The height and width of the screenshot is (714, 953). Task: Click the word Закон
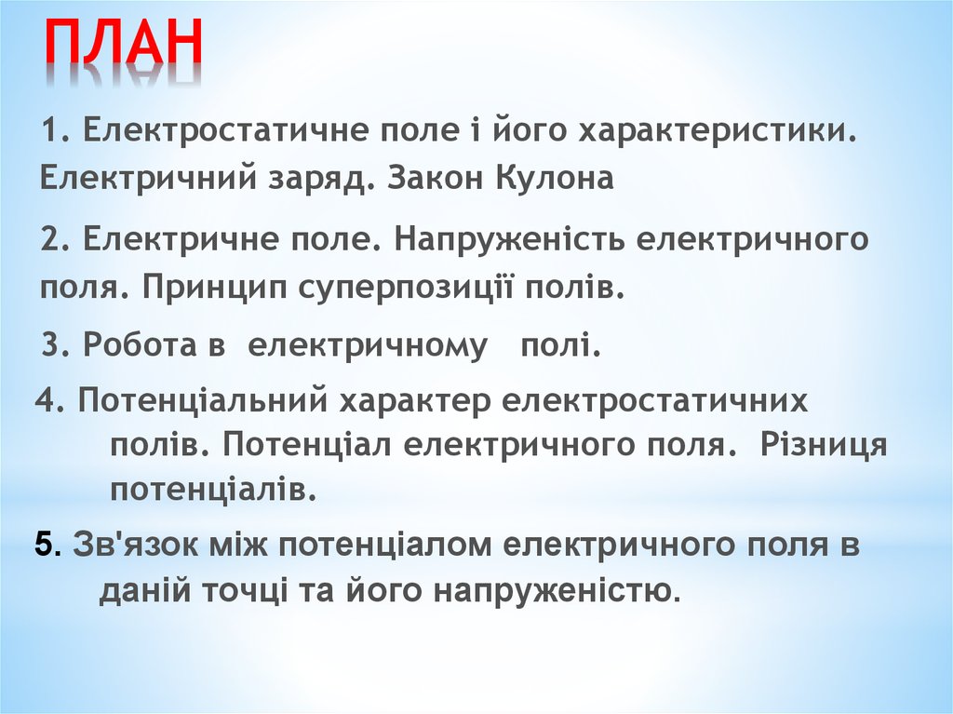click(x=442, y=178)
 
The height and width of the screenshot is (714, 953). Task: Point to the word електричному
click(x=367, y=346)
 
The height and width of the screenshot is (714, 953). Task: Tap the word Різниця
click(x=824, y=445)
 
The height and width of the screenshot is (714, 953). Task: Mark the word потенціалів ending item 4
click(x=213, y=488)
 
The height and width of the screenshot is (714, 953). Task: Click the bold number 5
click(x=44, y=545)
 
